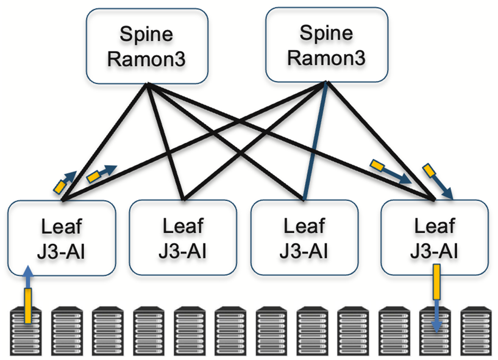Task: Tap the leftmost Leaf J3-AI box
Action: click(62, 238)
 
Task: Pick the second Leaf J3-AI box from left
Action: click(183, 238)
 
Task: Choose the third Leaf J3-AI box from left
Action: click(304, 238)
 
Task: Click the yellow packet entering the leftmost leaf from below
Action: click(28, 305)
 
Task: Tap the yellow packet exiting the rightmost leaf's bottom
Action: click(437, 283)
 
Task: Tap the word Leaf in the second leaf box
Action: click(183, 226)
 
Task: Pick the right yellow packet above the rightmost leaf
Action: click(429, 171)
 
